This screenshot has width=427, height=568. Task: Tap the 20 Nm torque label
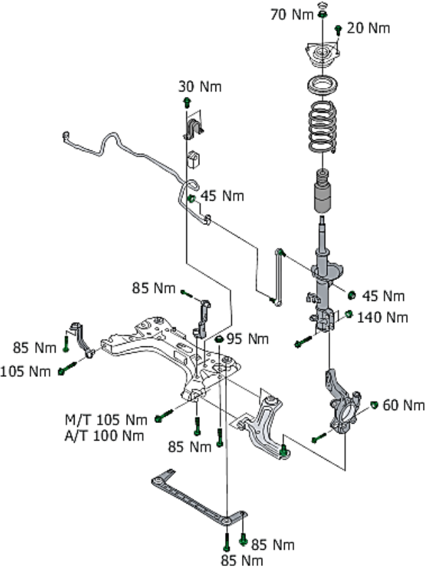(x=369, y=28)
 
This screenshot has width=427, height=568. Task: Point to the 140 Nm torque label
(x=383, y=317)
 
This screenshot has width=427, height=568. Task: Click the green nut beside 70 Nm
(x=323, y=14)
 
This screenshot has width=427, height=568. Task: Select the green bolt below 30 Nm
(x=186, y=102)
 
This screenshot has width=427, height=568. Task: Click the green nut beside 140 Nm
(x=348, y=314)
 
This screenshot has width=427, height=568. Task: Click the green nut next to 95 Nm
(x=220, y=338)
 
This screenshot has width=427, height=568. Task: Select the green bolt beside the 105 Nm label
(x=65, y=370)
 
